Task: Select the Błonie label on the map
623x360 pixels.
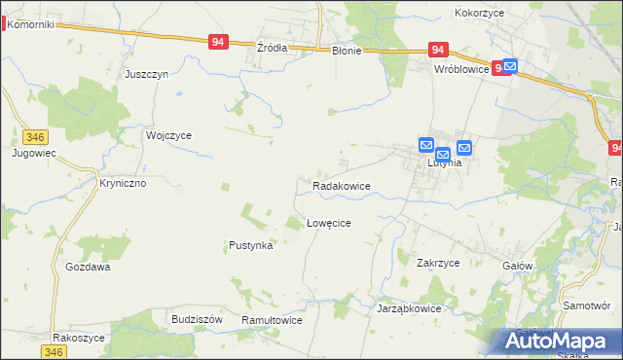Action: point(346,51)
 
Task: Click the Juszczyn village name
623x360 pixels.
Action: point(147,74)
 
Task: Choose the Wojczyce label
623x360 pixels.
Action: point(168,136)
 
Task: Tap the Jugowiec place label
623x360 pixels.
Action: point(32,154)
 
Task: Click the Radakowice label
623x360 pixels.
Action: point(341,185)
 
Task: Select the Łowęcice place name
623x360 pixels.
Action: point(328,223)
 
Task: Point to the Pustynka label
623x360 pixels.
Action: point(250,246)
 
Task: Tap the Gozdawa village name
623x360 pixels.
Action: point(88,267)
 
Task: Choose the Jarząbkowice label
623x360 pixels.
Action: point(409,308)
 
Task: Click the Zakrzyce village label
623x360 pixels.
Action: point(438,263)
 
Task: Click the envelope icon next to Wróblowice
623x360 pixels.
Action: point(509,67)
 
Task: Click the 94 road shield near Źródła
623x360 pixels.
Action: point(218,42)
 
